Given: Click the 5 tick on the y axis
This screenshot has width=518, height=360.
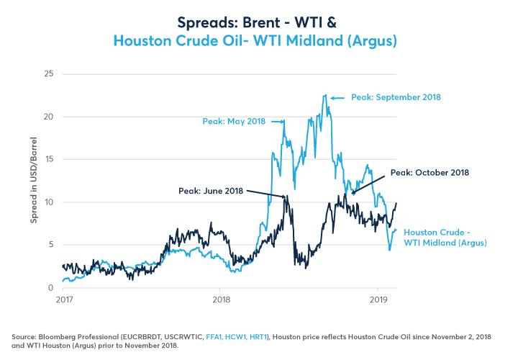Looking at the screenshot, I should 50,245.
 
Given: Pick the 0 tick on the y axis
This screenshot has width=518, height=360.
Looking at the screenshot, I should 50,287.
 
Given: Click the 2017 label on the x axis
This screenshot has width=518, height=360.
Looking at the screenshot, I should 65,299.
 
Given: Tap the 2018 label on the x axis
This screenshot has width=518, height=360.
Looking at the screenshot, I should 222,299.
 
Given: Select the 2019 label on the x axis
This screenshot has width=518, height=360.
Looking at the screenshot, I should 378,299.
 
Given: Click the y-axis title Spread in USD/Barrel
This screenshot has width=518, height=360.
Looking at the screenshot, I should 34,181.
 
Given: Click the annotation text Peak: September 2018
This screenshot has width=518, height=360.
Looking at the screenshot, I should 396,96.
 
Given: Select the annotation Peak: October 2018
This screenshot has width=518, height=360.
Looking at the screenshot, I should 430,173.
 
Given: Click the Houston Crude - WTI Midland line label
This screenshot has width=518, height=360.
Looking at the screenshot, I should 445,238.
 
